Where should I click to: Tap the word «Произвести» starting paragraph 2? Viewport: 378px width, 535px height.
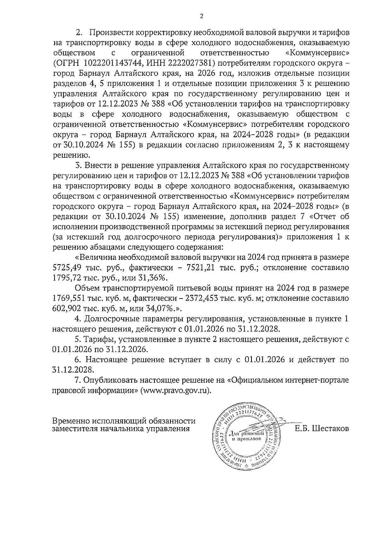112,33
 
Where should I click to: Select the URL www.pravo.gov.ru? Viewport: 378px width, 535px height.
176,391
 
